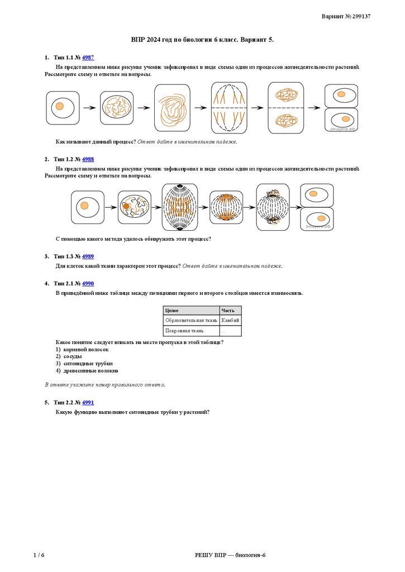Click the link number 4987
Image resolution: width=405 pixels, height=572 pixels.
pos(88,58)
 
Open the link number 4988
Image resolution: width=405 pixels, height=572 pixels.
pos(88,159)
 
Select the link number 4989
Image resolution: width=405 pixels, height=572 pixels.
pos(88,256)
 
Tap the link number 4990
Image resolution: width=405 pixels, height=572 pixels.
pos(88,284)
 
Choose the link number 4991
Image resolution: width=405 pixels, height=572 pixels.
pos(88,402)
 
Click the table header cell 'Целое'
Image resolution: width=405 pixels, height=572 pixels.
pos(190,311)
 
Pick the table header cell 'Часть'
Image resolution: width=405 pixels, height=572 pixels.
pos(230,311)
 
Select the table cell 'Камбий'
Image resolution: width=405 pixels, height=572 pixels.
pos(230,321)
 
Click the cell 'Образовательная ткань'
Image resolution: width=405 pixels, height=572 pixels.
pos(190,321)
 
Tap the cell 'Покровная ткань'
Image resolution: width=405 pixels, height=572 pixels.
pos(190,331)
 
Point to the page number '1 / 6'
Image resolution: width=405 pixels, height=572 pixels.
pos(39,555)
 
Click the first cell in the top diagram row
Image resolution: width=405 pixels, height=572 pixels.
pos(63,107)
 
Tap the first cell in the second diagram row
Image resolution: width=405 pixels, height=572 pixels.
pos(87,207)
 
